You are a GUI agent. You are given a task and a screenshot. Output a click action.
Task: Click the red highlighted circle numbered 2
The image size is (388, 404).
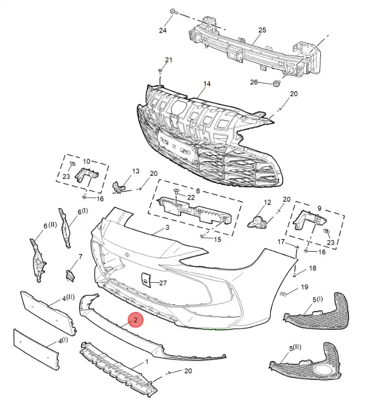[135, 320]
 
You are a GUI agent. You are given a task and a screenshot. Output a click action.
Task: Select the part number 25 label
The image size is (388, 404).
[262, 30]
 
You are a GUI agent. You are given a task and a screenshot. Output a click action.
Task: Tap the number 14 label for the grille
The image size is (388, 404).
[207, 84]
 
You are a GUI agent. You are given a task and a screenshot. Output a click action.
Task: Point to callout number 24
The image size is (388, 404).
[162, 31]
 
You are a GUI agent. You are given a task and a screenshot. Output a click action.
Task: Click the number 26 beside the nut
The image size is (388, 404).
[254, 82]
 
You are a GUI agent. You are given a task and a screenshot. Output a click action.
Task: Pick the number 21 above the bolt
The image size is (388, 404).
[168, 60]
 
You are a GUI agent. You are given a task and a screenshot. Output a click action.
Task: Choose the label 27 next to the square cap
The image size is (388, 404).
[162, 283]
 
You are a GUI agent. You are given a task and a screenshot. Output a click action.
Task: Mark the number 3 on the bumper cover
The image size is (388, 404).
[167, 227]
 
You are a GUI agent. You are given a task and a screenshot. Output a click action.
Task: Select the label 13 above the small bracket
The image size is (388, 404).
[136, 171]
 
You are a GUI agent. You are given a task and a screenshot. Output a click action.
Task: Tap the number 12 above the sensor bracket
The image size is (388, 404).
[267, 203]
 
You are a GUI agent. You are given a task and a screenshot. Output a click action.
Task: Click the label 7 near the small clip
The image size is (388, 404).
[80, 257]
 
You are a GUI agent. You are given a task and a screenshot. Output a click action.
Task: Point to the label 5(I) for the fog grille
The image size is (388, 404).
[318, 299]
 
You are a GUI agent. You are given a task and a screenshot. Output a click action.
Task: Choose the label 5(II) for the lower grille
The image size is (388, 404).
[296, 347]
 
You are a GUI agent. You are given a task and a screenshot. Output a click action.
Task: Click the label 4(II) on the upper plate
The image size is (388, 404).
[68, 299]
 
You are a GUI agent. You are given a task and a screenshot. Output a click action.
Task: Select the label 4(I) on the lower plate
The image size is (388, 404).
[64, 340]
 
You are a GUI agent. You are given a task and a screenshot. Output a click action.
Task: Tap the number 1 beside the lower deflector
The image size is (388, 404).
[147, 362]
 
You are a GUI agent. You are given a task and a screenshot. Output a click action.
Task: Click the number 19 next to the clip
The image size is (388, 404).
[305, 287]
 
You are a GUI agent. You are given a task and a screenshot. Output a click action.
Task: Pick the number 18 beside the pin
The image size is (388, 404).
[312, 268]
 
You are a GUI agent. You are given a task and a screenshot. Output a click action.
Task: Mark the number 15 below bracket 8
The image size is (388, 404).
[217, 239]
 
